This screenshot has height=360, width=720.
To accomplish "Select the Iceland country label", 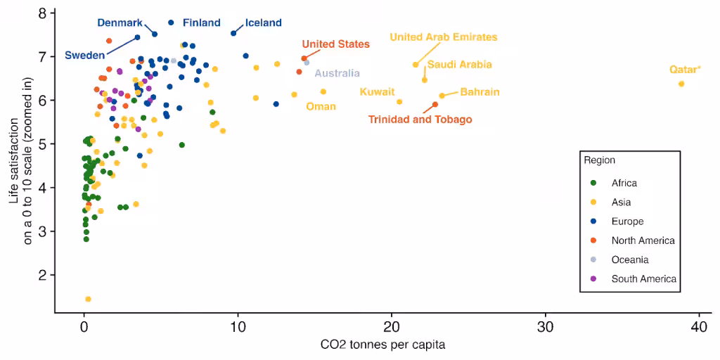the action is click(263, 22).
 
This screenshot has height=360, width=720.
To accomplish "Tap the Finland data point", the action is click(172, 22).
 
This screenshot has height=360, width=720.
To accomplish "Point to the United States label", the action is click(335, 44).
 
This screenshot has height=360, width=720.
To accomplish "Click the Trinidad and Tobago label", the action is click(420, 120).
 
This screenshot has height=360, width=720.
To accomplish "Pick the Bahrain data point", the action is click(442, 96).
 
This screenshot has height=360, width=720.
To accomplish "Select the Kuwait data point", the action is click(399, 101).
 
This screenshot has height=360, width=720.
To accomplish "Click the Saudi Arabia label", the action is click(460, 65).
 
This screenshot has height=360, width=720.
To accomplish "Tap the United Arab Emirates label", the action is click(444, 37).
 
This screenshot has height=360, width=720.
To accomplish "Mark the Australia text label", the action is click(337, 73).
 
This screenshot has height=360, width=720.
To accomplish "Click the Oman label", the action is click(321, 107).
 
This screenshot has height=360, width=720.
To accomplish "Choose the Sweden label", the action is click(84, 56).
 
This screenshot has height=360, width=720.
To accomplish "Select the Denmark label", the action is click(120, 22).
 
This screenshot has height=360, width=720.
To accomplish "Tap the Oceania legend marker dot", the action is click(593, 259).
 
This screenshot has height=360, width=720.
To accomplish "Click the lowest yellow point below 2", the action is click(88, 299).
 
